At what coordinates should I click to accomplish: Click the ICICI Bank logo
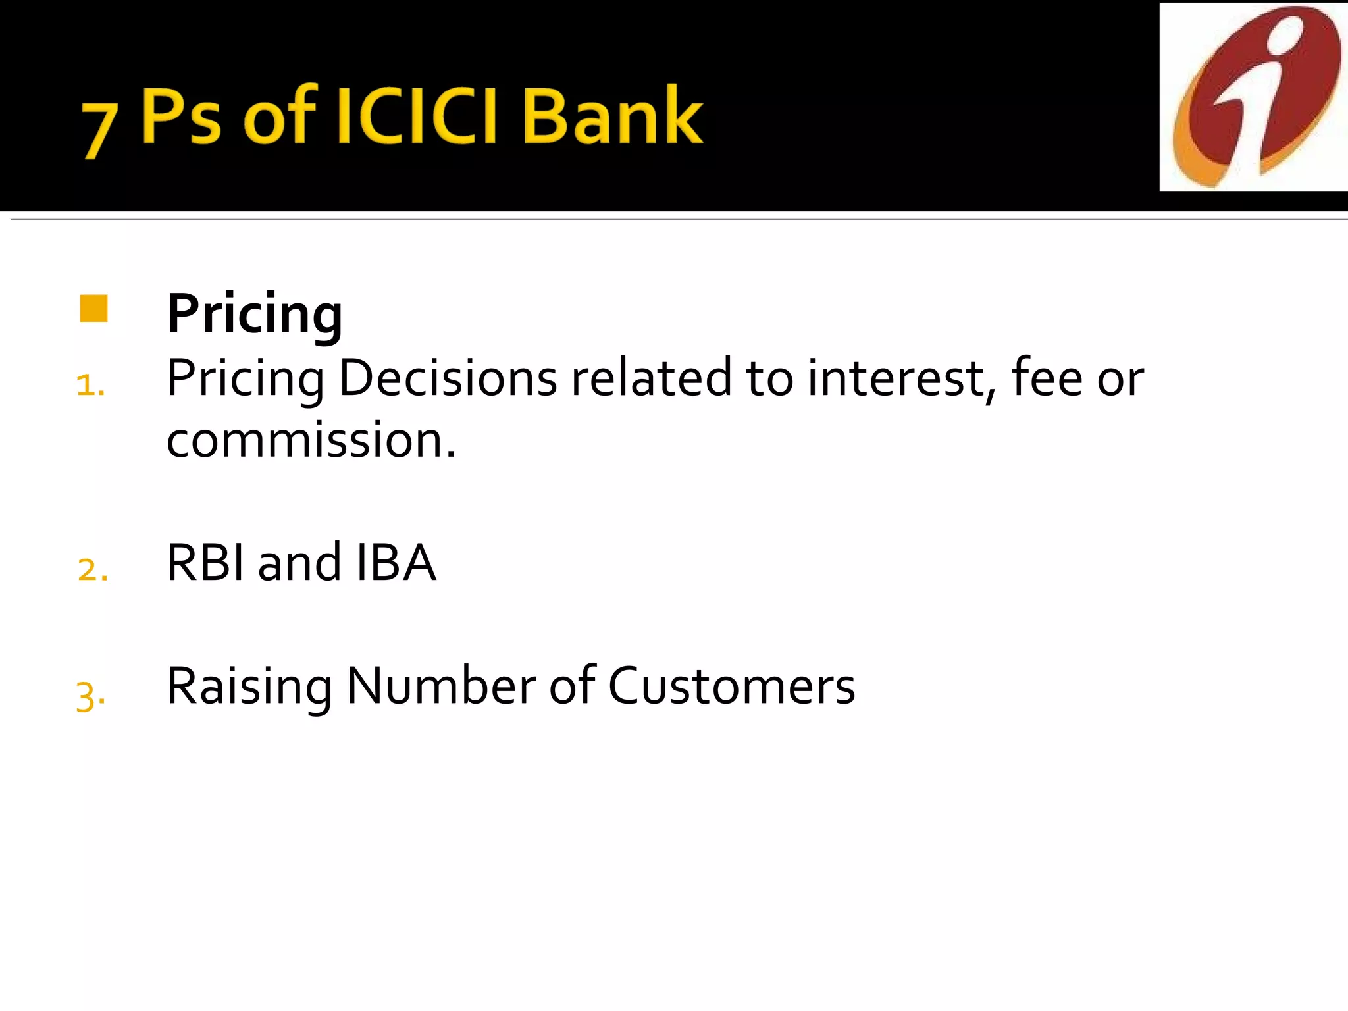tap(1254, 97)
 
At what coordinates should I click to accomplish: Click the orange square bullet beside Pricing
tap(93, 309)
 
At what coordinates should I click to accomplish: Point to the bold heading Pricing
tap(255, 314)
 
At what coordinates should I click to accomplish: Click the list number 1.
tap(90, 384)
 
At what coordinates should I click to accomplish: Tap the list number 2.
tap(92, 569)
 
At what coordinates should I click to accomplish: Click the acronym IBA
tap(396, 563)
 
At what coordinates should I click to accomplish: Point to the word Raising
tap(249, 688)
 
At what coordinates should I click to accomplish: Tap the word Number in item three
tap(442, 687)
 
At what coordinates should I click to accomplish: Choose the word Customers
tap(731, 687)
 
